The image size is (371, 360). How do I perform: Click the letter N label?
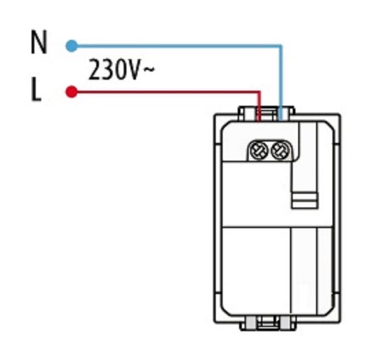pos(39,42)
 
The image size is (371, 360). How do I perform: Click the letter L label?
pos(36,89)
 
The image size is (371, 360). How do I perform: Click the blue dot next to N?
pos(71,46)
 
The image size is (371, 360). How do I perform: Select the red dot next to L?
pos(71,91)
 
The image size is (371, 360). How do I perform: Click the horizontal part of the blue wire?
pos(177,46)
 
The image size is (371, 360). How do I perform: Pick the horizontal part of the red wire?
pos(166,91)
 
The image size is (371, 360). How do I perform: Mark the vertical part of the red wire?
pos(259,106)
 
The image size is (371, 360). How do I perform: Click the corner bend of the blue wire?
pos(280,46)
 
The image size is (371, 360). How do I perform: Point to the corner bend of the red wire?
pos(259,92)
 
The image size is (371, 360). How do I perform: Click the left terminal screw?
pos(259,150)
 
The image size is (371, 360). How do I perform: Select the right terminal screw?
pos(280,150)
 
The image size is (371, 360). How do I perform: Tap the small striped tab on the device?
pos(305,201)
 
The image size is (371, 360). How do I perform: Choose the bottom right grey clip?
pos(285,323)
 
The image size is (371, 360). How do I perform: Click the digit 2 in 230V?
pos(95,70)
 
